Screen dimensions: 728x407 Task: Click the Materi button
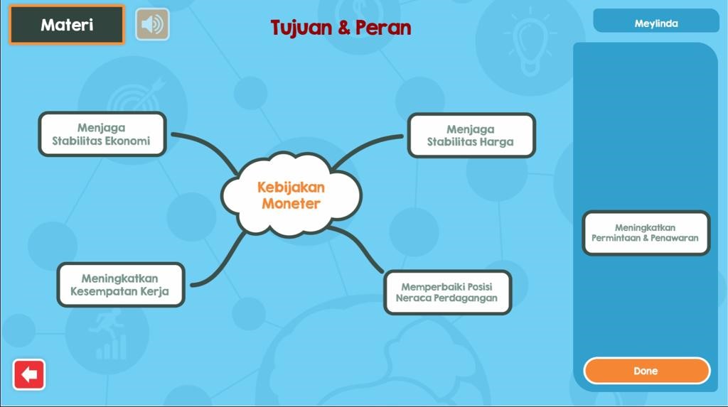67,25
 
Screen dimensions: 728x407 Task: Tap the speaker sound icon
152,24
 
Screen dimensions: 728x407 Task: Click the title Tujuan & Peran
341,28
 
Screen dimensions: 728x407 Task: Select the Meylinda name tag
656,23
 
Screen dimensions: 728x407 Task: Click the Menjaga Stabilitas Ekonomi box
102,134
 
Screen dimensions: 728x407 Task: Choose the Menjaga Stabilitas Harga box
471,136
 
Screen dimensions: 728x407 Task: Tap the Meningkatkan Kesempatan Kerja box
121,285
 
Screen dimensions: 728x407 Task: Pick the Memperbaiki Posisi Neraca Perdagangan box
448,293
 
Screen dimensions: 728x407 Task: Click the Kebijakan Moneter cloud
291,195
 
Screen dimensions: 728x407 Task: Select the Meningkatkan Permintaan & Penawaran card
646,233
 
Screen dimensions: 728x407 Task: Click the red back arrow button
28,374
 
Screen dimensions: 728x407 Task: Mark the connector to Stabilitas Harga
363,146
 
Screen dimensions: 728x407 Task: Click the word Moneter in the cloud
291,204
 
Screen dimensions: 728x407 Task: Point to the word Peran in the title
383,28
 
